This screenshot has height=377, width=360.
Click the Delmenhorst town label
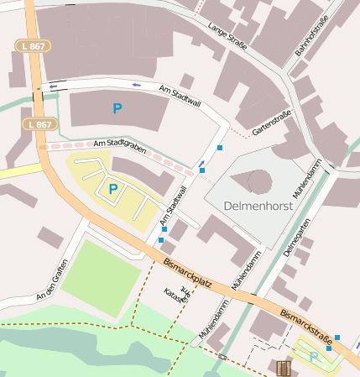(x=261, y=205)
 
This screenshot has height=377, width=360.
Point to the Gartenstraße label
(x=271, y=123)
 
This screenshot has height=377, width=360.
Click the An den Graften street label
(x=50, y=285)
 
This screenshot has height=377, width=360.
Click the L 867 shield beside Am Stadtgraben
(x=38, y=124)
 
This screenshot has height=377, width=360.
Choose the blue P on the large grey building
(x=117, y=108)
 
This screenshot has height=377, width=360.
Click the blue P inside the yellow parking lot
(x=112, y=189)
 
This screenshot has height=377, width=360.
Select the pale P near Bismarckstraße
(x=314, y=357)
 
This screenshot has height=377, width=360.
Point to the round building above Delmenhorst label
(x=260, y=181)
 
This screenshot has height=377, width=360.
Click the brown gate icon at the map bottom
(x=284, y=368)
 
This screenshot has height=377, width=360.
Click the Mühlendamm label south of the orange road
(x=213, y=320)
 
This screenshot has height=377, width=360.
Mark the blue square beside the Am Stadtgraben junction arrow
(x=201, y=170)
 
